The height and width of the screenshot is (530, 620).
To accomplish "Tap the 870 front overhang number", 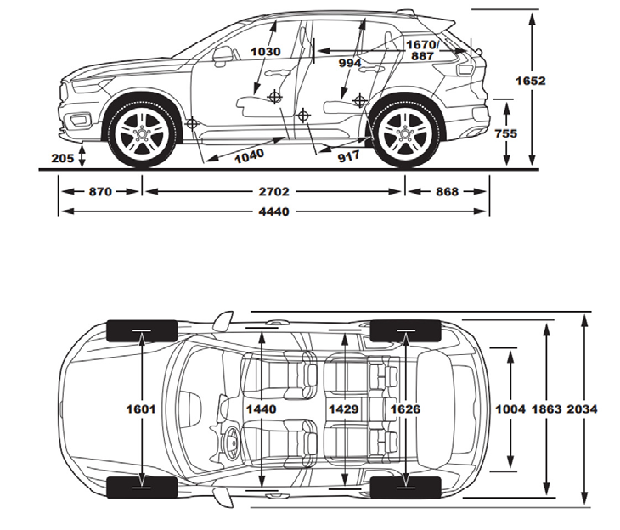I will pyautogui.click(x=99, y=192).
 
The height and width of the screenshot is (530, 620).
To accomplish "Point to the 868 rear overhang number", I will pyautogui.click(x=447, y=192).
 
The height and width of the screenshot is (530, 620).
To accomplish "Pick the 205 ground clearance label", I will pyautogui.click(x=62, y=157).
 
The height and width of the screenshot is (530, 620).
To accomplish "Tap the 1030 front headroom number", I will pyautogui.click(x=266, y=52).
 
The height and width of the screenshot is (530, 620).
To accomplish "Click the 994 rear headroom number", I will pyautogui.click(x=349, y=62).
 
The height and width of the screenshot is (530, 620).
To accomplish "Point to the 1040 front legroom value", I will pyautogui.click(x=248, y=155).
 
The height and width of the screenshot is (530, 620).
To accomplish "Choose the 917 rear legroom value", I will pyautogui.click(x=348, y=156).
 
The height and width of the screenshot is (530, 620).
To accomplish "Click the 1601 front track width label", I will pyautogui.click(x=142, y=409).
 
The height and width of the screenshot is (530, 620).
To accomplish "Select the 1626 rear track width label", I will pyautogui.click(x=406, y=409).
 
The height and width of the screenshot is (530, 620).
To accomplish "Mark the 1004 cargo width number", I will pyautogui.click(x=510, y=409).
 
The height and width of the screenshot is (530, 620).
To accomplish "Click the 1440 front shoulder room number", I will pyautogui.click(x=262, y=409).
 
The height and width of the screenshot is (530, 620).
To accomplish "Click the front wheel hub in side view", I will pyautogui.click(x=142, y=134).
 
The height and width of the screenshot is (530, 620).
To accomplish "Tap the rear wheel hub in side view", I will pyautogui.click(x=406, y=134).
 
